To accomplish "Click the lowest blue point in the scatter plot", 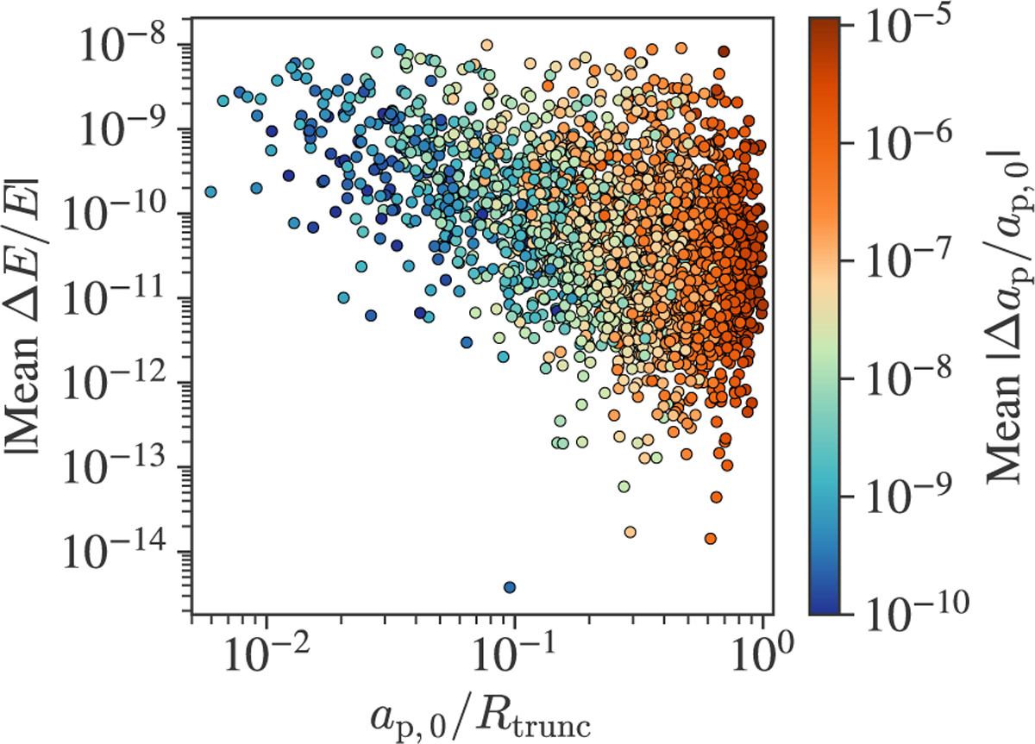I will pos(510,587).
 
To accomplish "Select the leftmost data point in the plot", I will pos(210,191).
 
